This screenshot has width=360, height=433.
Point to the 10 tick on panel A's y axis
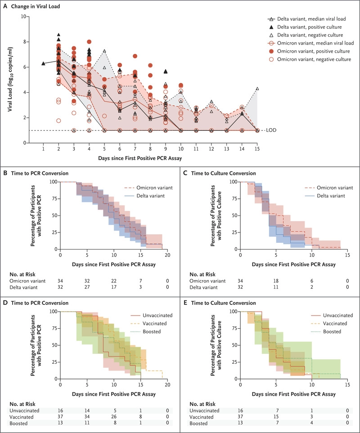[23, 16]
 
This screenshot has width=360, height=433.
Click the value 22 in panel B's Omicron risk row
[114, 281]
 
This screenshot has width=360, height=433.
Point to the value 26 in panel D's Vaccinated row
[114, 417]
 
